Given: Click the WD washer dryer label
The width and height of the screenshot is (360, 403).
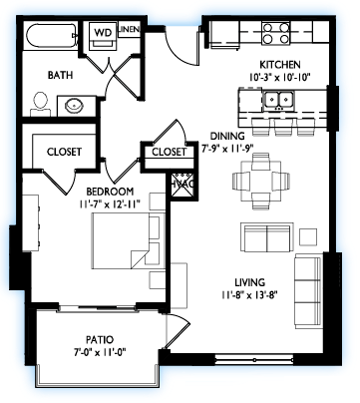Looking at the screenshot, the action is tap(103, 33).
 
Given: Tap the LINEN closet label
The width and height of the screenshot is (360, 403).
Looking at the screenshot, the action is tap(130, 29).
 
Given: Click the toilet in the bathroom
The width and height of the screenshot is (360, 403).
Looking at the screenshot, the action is tap(41, 104).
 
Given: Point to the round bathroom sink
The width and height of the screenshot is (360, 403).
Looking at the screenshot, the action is tap(74, 106).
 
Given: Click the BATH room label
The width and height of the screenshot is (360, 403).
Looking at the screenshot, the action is tap(60, 75).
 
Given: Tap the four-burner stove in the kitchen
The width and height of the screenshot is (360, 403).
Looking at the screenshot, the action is tap(275, 33).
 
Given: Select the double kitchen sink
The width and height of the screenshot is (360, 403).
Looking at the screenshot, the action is tap(278, 100).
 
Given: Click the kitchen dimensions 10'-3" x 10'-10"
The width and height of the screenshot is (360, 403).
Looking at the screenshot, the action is tap(279, 78).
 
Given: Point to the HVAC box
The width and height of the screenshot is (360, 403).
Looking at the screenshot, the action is tap(181, 187).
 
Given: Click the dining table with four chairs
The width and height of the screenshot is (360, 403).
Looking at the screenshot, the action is tap(261, 181).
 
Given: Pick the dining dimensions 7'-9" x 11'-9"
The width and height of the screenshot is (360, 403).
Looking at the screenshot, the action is tap(227, 148).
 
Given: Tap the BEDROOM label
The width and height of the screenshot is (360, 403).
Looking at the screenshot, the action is tap(110, 192).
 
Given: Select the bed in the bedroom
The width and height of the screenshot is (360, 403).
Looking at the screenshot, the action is tap(128, 240).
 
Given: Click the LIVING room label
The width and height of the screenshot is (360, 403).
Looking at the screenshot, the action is tap(250, 282).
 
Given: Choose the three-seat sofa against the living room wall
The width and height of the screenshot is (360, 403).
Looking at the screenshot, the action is tap(308, 291).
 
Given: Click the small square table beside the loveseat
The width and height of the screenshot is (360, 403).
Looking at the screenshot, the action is tap(308, 236).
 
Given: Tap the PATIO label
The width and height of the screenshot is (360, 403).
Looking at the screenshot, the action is tap(100, 340).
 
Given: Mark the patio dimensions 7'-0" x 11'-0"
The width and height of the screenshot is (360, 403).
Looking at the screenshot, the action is tap(100, 351).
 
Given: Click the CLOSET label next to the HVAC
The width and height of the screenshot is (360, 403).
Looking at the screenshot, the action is tap(170, 152).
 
